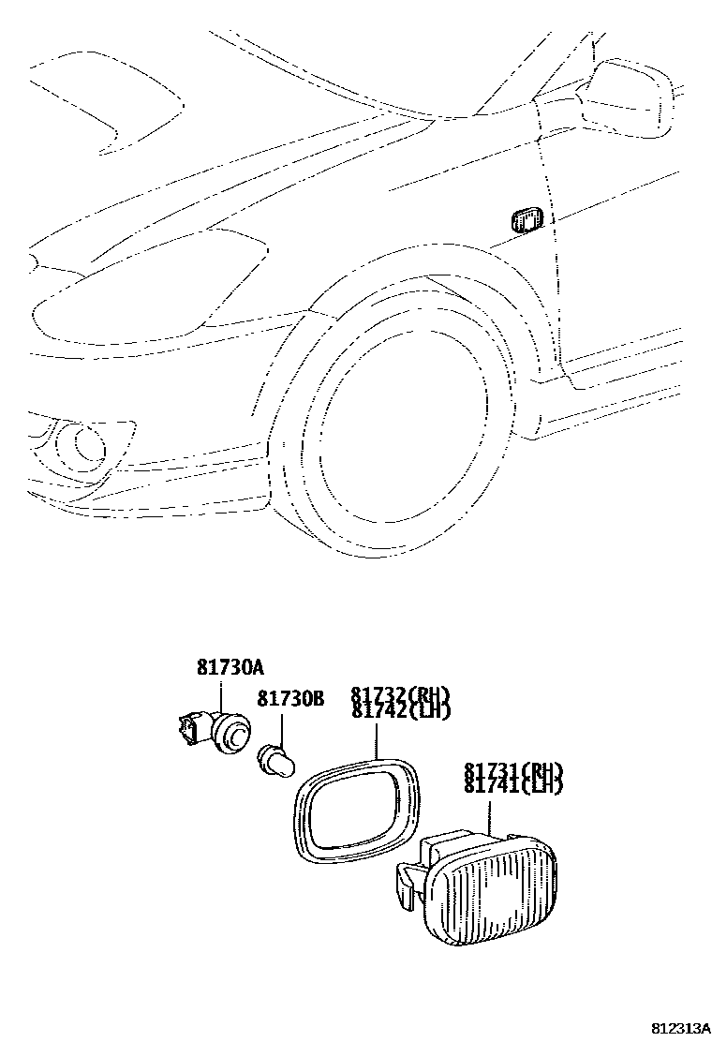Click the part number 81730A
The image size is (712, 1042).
(x=230, y=668)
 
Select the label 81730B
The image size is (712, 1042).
(x=290, y=699)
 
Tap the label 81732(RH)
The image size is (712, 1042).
(x=401, y=695)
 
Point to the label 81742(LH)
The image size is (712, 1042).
(x=401, y=711)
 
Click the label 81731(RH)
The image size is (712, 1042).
(x=512, y=771)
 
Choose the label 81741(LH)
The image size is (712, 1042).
(x=512, y=786)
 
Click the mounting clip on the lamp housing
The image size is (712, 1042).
(x=407, y=884)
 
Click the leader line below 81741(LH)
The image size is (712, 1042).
(x=489, y=812)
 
